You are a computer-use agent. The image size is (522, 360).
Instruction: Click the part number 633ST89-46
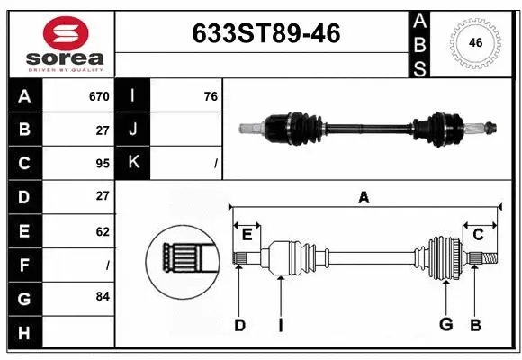(x=266, y=32)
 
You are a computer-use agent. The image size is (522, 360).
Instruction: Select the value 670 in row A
(x=98, y=96)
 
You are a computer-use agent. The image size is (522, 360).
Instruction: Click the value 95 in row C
(x=102, y=163)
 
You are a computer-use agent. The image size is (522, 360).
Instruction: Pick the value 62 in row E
(x=102, y=231)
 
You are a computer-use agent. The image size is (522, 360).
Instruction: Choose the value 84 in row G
(x=102, y=296)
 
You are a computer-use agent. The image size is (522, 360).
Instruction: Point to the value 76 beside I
(x=211, y=96)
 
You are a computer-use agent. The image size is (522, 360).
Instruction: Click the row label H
(x=24, y=334)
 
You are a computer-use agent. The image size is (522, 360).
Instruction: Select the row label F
(x=24, y=265)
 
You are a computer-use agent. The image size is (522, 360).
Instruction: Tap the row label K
(x=133, y=163)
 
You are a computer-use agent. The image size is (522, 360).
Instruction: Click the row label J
(x=133, y=130)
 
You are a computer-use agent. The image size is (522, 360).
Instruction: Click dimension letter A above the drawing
(x=364, y=197)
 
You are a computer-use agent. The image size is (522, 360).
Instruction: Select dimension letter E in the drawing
(x=247, y=234)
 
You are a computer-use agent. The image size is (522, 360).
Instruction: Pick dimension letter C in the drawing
(x=478, y=234)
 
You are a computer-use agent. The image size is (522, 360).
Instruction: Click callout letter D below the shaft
(x=239, y=326)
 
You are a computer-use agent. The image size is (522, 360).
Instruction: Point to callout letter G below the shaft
(x=445, y=326)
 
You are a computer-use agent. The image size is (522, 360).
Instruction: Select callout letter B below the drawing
(x=475, y=326)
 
